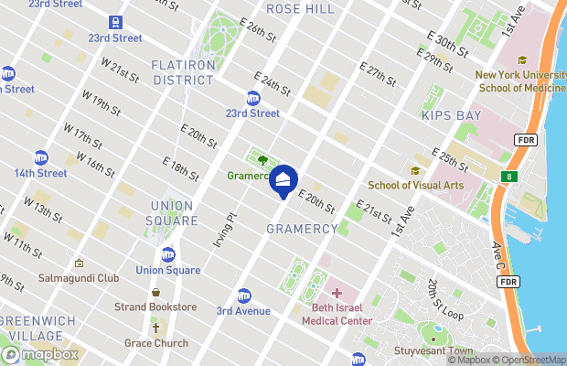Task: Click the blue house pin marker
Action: coord(284,178)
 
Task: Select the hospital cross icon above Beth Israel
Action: coord(337,293)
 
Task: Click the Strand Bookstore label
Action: coord(155,307)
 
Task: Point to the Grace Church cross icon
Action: coord(156,328)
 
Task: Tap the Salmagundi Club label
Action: coord(79,277)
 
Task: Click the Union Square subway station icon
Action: coord(168,254)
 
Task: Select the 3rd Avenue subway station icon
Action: coord(244,296)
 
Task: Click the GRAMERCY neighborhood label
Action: coord(303,228)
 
